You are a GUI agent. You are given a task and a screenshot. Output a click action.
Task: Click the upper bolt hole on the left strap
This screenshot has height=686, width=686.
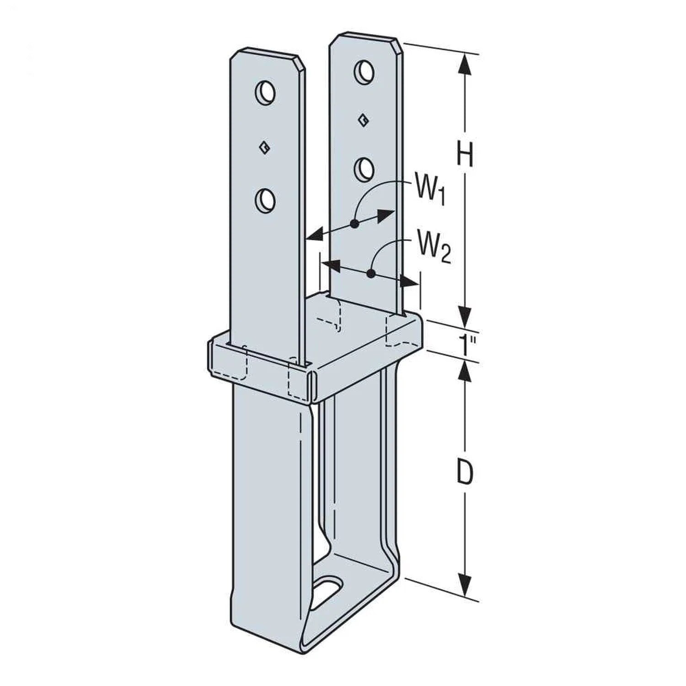coord(265,93)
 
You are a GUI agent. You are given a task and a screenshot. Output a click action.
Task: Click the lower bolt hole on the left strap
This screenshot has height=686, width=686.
coord(265,200)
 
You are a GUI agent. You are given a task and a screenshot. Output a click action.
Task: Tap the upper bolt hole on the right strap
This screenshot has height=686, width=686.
coord(364,70)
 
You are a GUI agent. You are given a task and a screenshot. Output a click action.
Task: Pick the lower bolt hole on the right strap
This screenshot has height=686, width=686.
coord(364,169)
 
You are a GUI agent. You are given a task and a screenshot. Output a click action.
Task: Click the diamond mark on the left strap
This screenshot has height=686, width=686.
coord(263,147)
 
